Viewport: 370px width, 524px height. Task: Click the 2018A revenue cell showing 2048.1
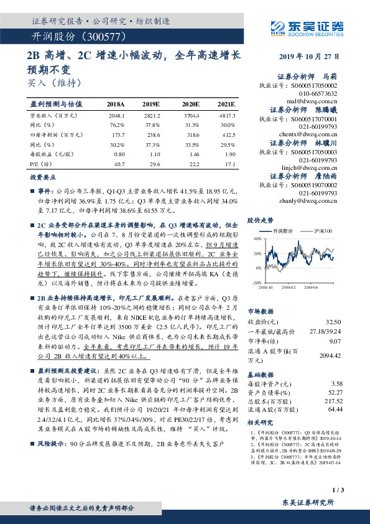tap(116, 116)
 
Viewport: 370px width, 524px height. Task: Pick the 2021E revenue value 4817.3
tap(226, 116)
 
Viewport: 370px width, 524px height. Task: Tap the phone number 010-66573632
tap(317, 93)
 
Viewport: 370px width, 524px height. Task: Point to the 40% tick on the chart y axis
tap(256, 239)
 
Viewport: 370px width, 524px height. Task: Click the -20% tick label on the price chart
tap(256, 283)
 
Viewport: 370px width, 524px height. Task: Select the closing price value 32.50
tap(333, 321)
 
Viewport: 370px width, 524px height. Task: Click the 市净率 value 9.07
tap(335, 340)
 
